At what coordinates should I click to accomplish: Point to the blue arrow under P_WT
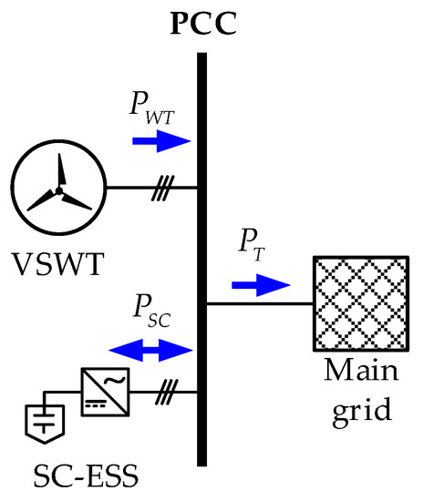coord(160,140)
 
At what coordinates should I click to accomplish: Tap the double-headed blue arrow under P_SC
coord(150,349)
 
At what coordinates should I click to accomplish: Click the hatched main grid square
coord(359,302)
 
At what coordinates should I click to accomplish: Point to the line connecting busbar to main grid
coord(260,302)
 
